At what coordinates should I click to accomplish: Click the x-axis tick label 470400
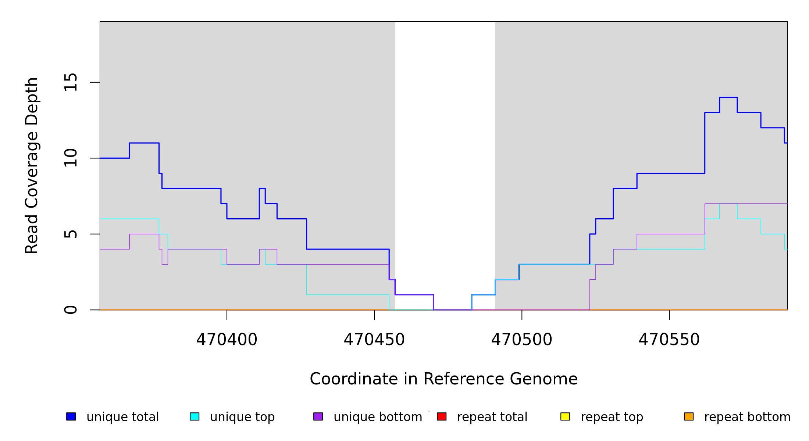(227, 340)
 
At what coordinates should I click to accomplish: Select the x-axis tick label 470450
(374, 340)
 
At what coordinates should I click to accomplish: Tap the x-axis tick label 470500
(521, 340)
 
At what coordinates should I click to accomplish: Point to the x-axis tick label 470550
(669, 340)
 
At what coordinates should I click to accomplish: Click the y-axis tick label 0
(71, 310)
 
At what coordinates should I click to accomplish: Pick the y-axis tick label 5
(71, 234)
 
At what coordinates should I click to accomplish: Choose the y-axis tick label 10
(71, 158)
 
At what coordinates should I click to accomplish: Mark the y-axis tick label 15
(71, 82)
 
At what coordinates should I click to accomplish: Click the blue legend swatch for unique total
(71, 416)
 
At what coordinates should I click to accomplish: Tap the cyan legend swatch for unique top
(195, 416)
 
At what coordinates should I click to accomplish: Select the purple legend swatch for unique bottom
(318, 416)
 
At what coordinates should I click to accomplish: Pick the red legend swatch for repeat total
(442, 416)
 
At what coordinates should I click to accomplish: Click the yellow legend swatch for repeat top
(565, 416)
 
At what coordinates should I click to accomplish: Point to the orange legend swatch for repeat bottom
(689, 416)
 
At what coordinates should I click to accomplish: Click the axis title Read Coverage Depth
(32, 165)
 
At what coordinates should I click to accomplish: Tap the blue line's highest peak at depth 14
(728, 97)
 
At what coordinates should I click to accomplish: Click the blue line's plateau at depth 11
(144, 143)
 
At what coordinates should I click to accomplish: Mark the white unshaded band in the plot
(445, 147)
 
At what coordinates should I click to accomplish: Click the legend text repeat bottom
(747, 417)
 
